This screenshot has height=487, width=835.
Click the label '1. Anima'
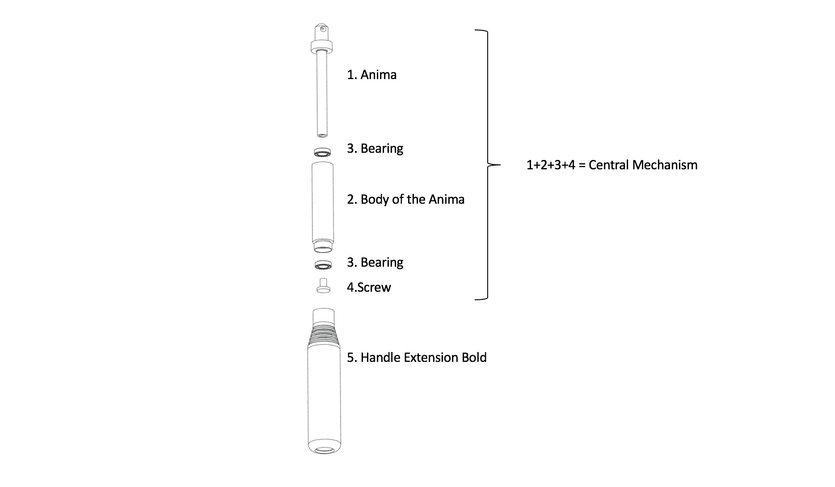(371, 75)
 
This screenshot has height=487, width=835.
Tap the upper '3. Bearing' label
(375, 148)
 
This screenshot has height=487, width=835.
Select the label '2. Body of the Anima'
(405, 199)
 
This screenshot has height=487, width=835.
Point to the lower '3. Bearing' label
(375, 262)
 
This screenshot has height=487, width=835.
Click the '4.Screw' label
(369, 287)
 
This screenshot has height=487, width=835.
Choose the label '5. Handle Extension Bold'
(417, 357)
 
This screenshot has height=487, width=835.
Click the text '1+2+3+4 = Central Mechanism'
(612, 165)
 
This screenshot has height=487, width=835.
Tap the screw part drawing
(323, 286)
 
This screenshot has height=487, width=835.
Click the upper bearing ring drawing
(322, 152)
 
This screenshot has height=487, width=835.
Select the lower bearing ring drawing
(323, 265)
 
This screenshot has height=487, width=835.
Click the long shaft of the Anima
(322, 94)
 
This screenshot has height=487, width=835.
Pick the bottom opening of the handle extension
(324, 449)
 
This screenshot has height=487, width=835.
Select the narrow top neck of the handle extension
(324, 316)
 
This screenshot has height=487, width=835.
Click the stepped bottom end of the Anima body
(322, 247)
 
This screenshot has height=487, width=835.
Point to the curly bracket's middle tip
(500, 165)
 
